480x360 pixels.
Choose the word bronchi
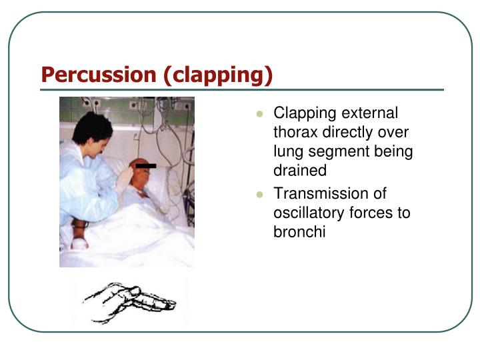tap(299, 233)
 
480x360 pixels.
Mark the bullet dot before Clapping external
tap(261, 114)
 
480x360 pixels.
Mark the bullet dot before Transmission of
tap(261, 195)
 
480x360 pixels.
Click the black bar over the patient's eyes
tap(145, 165)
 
